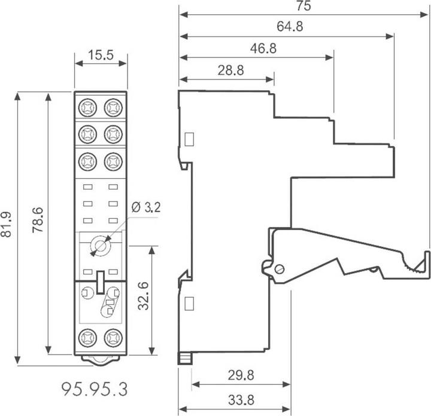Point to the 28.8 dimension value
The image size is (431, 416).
point(230,71)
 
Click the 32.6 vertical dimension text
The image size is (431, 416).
point(142,296)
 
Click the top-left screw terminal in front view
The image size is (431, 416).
point(87,108)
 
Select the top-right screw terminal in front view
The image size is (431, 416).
point(112,108)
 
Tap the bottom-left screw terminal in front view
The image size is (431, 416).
point(87,337)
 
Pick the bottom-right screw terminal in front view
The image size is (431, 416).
point(112,337)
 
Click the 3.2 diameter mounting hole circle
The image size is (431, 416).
point(100,246)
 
